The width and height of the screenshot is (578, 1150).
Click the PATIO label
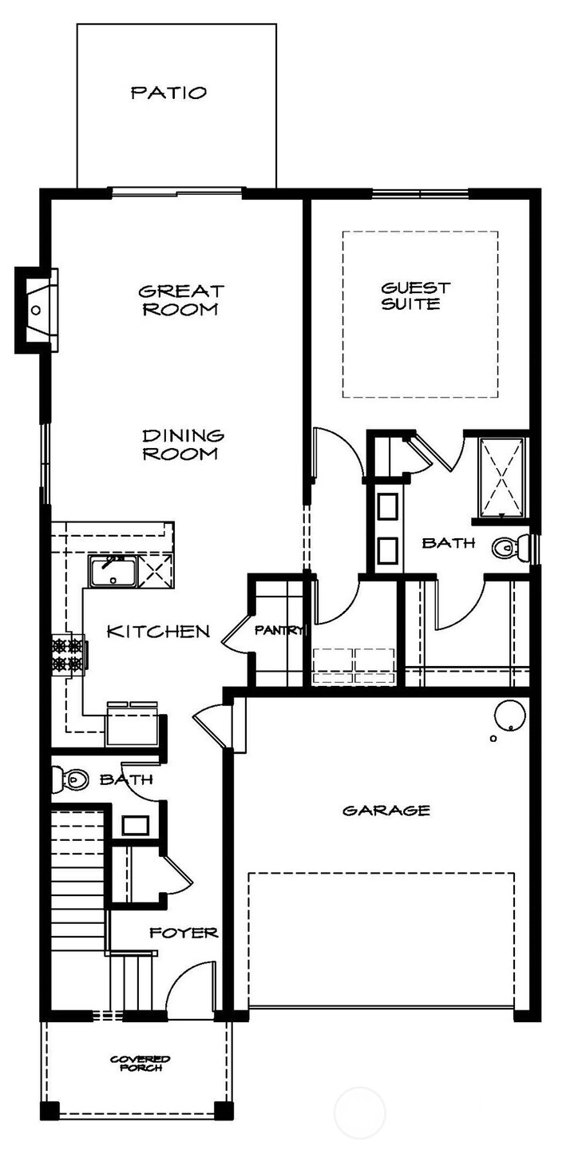click(x=169, y=93)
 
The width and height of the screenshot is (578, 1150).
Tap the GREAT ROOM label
click(x=181, y=300)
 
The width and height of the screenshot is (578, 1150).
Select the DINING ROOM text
click(x=184, y=445)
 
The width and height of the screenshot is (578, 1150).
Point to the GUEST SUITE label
click(x=415, y=295)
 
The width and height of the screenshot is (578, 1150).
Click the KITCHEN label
click(x=158, y=631)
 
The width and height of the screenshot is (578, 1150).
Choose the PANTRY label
click(x=279, y=630)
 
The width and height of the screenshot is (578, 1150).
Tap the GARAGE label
click(x=386, y=811)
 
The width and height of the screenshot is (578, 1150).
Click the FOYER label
click(x=184, y=933)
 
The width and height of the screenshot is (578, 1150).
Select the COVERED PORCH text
click(x=141, y=1063)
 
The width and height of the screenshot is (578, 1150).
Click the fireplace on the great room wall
click(x=36, y=310)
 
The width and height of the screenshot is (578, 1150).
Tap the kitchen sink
click(x=113, y=572)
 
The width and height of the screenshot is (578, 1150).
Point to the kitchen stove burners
click(x=69, y=655)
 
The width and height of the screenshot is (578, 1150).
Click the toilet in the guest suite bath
click(x=510, y=548)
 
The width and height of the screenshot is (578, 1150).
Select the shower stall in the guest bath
click(x=502, y=477)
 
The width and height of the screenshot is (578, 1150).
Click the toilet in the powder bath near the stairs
click(x=69, y=779)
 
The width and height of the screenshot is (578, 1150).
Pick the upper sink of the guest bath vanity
click(x=386, y=506)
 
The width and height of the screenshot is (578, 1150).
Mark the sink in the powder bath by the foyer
click(x=135, y=826)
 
